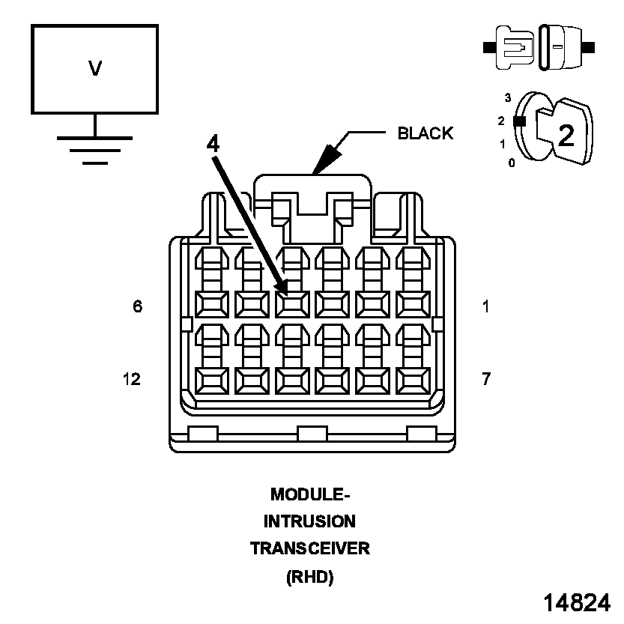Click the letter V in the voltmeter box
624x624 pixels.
(94, 68)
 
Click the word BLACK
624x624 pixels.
(425, 133)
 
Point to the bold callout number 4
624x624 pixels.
(213, 143)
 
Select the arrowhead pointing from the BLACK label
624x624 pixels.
(324, 163)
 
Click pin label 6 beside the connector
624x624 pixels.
(137, 306)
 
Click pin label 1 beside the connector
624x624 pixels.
(486, 306)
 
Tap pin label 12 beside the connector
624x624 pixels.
(131, 379)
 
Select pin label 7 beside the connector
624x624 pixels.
(486, 379)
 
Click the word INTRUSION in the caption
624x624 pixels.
(309, 521)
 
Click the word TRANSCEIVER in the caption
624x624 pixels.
(309, 548)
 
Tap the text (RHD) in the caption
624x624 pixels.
(309, 577)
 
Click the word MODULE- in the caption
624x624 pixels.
(309, 494)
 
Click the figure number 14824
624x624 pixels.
(576, 603)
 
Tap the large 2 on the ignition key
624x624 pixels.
(566, 135)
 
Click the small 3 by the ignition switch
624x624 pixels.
(507, 97)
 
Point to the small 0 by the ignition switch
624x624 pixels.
(512, 162)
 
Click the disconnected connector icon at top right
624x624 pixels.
(539, 46)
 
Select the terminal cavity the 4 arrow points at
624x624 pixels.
(291, 303)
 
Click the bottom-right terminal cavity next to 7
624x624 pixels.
(412, 380)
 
